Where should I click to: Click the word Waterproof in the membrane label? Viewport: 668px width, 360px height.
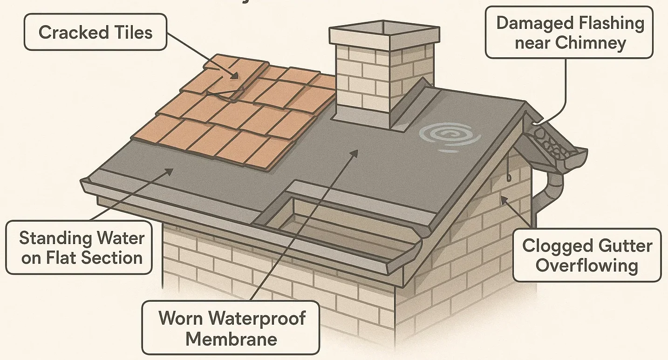(257, 318)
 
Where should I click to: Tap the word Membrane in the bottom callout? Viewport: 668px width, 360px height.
(231, 339)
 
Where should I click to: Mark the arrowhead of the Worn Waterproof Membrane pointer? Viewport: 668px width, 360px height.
(356, 152)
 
